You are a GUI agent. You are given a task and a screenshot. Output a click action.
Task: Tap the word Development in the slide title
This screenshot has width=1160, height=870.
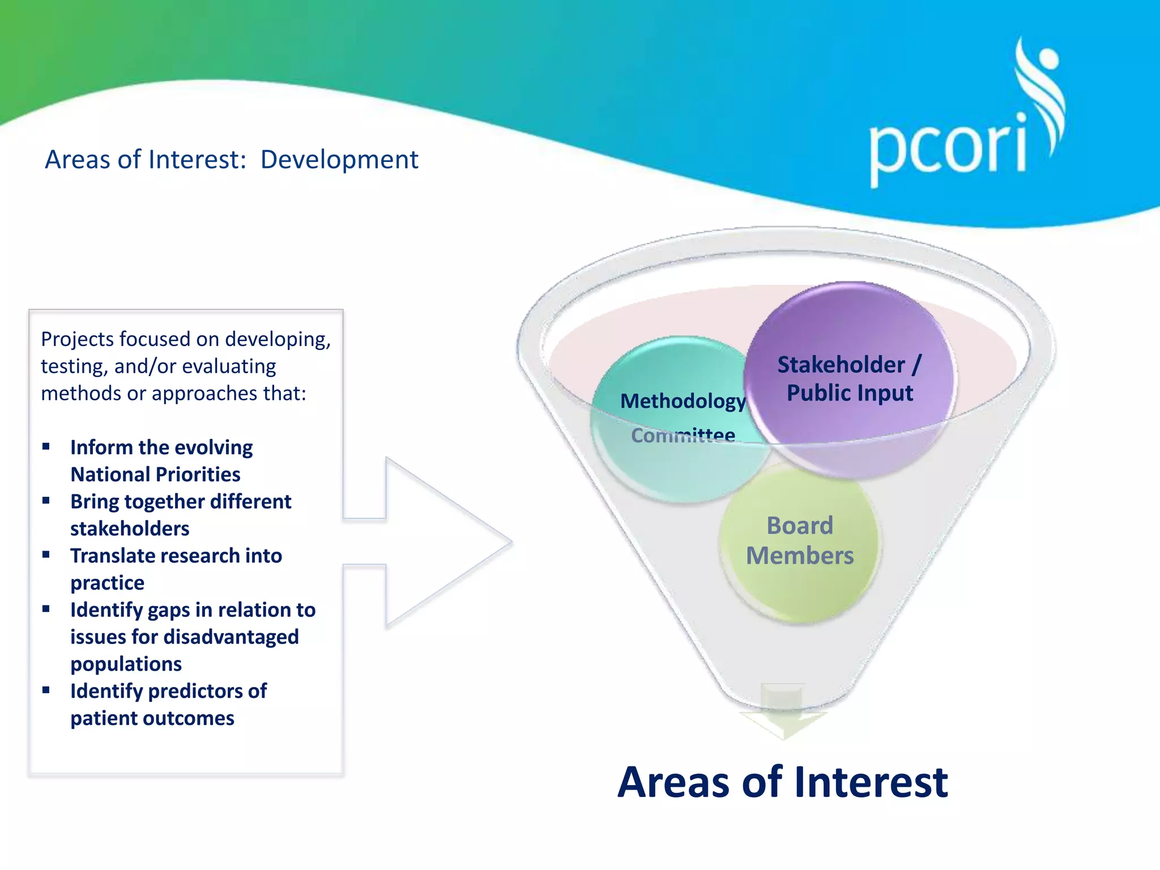[x=339, y=160]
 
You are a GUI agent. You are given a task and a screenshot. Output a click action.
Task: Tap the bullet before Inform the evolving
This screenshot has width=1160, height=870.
[x=46, y=447]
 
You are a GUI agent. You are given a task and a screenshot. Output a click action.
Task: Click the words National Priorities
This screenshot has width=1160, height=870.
[x=155, y=474]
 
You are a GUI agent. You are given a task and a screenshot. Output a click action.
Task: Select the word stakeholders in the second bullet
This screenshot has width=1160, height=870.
[x=130, y=528]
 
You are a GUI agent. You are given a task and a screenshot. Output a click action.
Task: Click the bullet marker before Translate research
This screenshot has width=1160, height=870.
[x=46, y=555]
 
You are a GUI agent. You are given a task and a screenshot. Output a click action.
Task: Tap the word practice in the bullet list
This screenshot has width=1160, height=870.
[x=107, y=583]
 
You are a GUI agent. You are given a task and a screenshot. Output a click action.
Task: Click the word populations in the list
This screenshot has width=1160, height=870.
[x=126, y=664]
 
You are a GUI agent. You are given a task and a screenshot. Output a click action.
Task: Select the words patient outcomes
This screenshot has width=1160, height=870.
[x=152, y=718]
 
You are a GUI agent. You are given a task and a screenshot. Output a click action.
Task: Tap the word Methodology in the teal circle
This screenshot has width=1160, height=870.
[x=683, y=401]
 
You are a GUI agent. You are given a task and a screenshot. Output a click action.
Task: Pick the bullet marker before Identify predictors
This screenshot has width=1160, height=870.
[x=46, y=690]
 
